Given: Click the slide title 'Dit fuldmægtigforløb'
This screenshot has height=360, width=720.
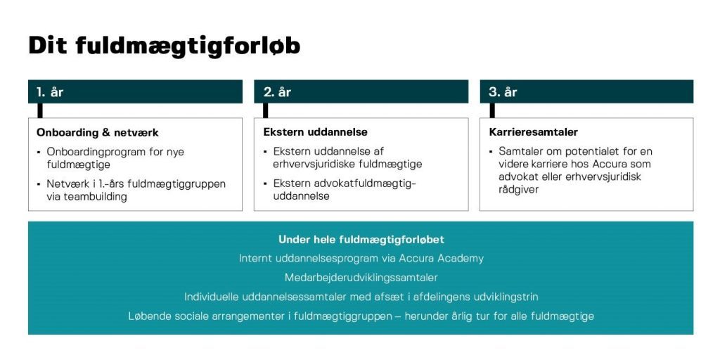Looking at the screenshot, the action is point(165,46).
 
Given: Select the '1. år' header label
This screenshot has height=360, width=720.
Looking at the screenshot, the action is point(50,92).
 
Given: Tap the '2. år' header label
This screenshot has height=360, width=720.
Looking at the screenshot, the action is point(277,92).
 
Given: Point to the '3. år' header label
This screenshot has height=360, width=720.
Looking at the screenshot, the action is point(503,92).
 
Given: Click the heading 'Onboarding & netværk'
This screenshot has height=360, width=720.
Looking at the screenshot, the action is point(97,133).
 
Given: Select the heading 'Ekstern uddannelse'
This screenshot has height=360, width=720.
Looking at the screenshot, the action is point(315,132).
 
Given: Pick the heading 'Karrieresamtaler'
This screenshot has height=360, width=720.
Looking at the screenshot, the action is point(534,132).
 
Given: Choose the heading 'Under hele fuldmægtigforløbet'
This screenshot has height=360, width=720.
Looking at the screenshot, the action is point(361,240).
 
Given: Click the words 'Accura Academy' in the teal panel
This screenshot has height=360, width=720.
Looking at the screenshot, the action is point(442,259).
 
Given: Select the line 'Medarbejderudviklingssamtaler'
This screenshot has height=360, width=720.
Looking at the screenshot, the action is point(361,278).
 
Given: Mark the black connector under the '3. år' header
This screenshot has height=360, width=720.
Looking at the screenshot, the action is point(492,110).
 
